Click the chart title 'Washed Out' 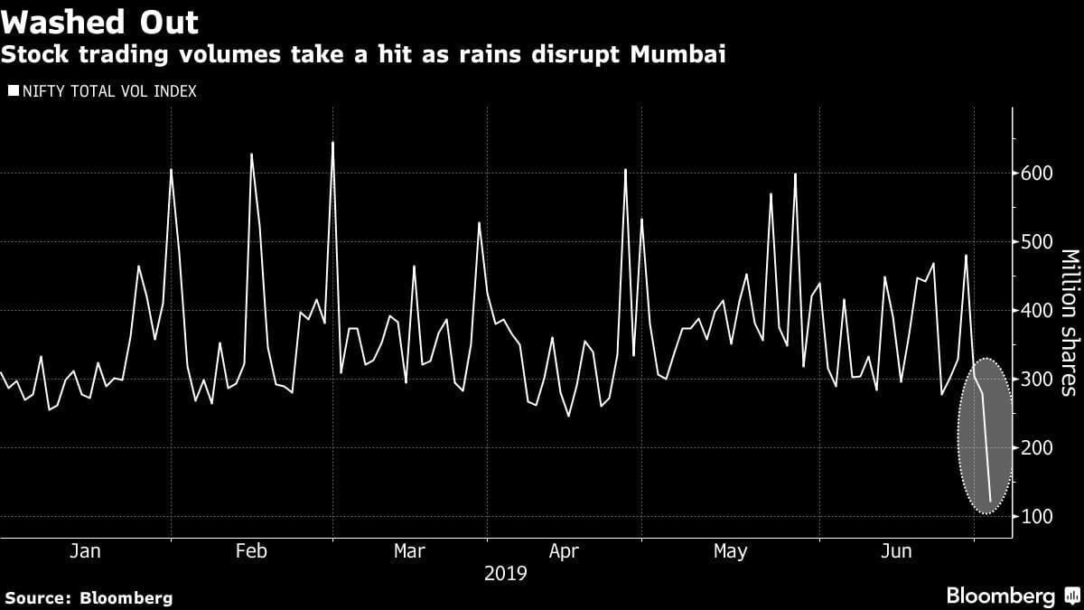tap(100, 21)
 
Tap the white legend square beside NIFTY tap(13, 91)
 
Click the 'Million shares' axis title tap(1069, 323)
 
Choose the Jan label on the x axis tap(85, 551)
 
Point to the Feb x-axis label tap(251, 551)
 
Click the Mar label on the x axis tap(410, 551)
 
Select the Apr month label tap(564, 551)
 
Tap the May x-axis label tap(730, 551)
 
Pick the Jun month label tap(896, 551)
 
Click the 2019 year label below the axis tap(506, 573)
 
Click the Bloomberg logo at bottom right tap(1000, 596)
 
